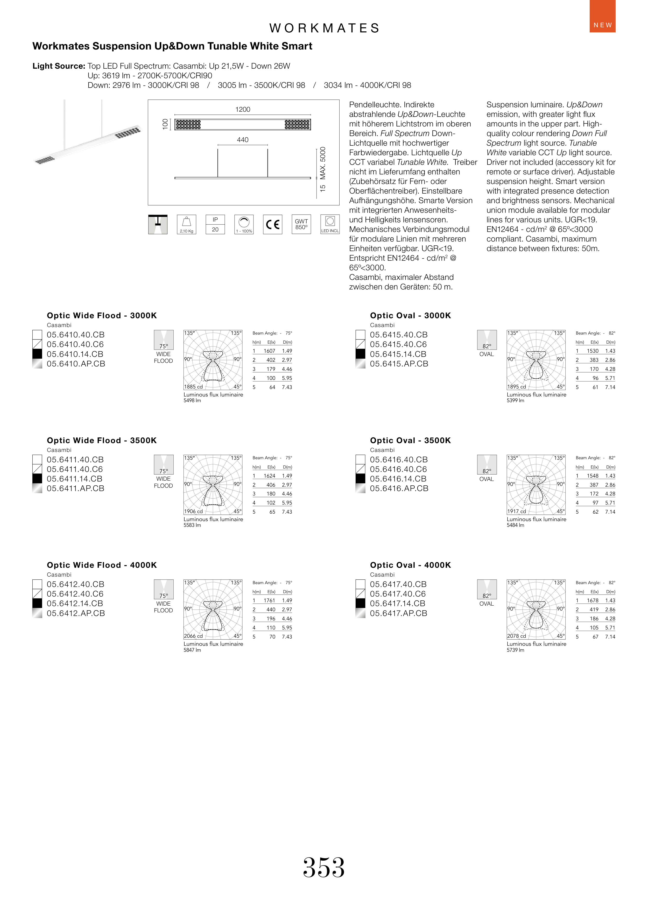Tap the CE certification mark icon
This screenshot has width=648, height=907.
click(x=272, y=225)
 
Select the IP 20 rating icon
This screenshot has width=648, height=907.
click(x=215, y=225)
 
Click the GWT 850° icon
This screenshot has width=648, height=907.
click(x=301, y=225)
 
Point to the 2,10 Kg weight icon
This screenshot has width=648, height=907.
click(x=186, y=225)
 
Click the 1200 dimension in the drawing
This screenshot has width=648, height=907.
click(x=243, y=109)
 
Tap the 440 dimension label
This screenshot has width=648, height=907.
click(x=243, y=140)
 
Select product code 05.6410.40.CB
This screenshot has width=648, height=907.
click(x=75, y=335)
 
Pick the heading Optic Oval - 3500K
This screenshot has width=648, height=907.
click(x=410, y=440)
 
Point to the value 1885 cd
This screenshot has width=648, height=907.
click(x=194, y=386)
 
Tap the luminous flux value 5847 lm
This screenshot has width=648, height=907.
click(x=192, y=650)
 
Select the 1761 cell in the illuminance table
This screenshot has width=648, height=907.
click(x=269, y=600)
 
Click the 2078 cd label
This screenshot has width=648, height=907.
click(x=516, y=636)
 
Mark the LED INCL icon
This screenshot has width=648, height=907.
click(x=330, y=225)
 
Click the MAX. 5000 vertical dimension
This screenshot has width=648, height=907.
click(x=323, y=163)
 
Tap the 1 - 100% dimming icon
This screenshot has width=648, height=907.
click(x=244, y=225)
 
